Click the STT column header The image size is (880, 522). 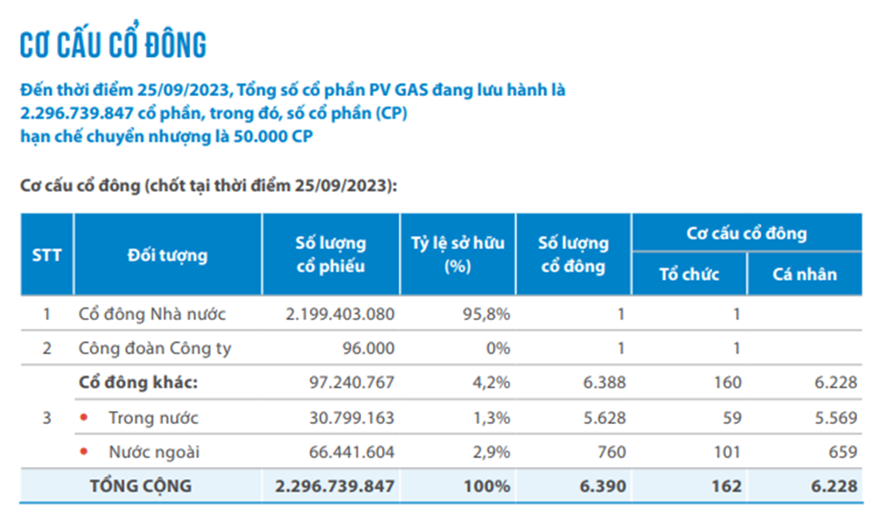click(x=46, y=255)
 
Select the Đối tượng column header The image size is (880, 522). click(x=167, y=255)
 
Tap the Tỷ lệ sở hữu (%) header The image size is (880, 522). click(x=457, y=254)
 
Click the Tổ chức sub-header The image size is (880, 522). click(x=689, y=275)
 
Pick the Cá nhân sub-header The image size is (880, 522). click(x=805, y=275)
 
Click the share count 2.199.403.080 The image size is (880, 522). click(x=340, y=314)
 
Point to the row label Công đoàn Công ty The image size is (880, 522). click(x=155, y=348)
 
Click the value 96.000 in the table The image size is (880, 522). click(x=369, y=348)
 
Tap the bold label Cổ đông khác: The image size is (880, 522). click(x=138, y=382)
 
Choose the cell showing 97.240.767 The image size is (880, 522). click(x=352, y=382)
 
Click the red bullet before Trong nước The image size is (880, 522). click(x=84, y=416)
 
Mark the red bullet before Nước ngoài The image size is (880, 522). click(x=84, y=451)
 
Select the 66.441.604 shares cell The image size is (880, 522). click(x=352, y=452)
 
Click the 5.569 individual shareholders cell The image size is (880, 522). click(x=836, y=418)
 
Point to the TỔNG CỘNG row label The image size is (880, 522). click(x=141, y=485)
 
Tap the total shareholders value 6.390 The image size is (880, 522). click(x=603, y=486)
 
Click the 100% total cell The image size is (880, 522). click(x=487, y=486)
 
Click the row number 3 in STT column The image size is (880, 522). click(x=46, y=418)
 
